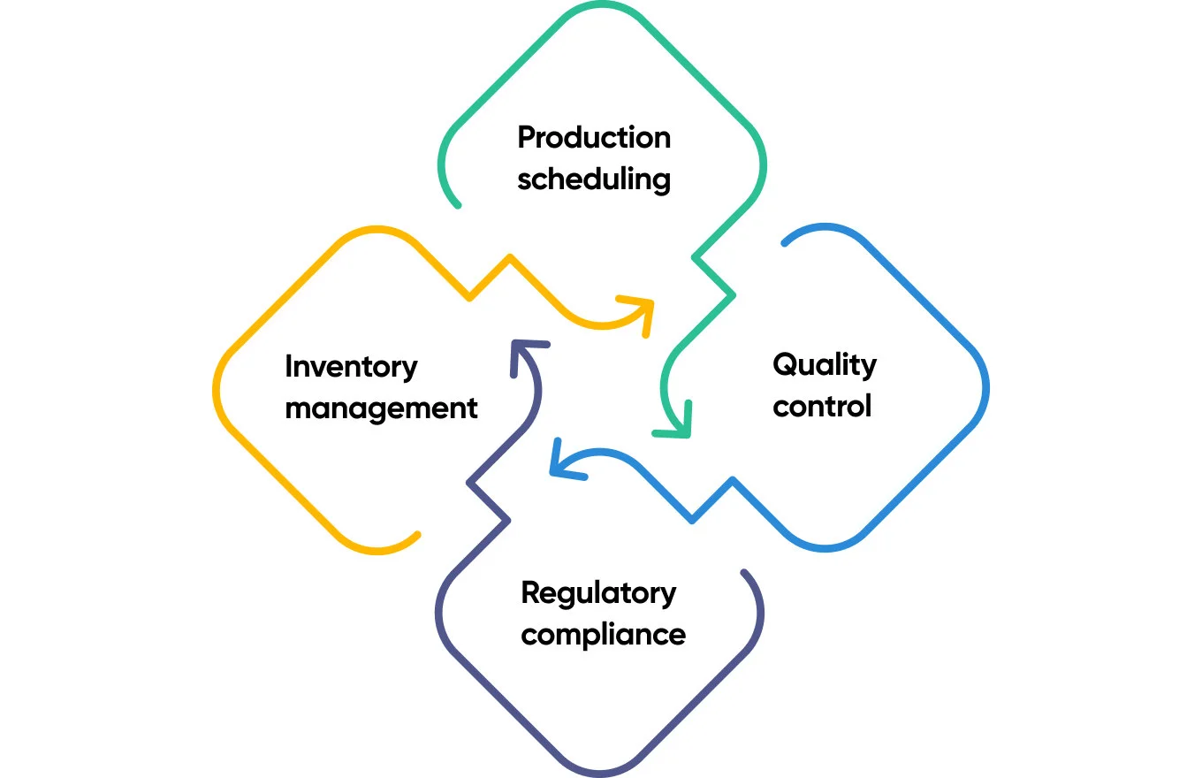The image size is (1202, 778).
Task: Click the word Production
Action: coord(594,138)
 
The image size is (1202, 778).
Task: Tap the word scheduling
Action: coord(594,179)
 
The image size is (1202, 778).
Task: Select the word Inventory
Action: coord(351,366)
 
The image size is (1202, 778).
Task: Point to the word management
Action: coord(381,408)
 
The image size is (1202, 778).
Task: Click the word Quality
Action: coord(824,364)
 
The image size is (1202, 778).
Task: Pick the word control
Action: coord(822,406)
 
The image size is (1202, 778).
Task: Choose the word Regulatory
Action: coord(598,593)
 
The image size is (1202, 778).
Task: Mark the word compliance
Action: coord(603,635)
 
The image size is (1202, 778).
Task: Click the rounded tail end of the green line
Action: coord(457,204)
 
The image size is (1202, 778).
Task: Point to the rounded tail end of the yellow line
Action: coord(416,535)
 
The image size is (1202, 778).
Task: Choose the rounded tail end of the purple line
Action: coord(744,573)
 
